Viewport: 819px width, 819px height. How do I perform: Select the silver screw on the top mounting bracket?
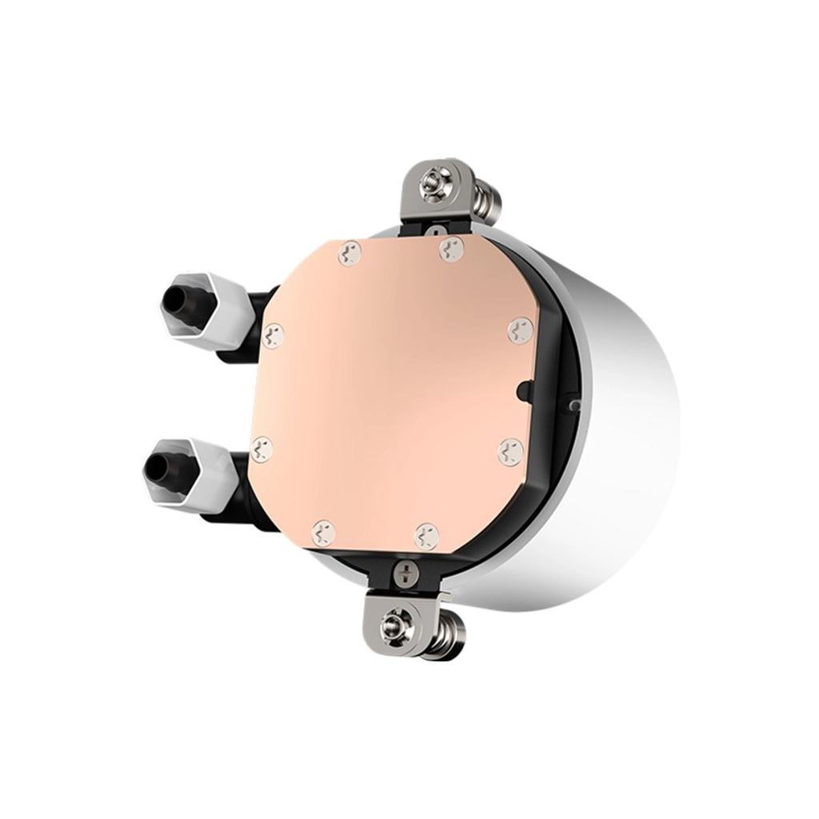(x=433, y=193)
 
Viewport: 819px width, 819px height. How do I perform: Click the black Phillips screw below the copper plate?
(x=406, y=572)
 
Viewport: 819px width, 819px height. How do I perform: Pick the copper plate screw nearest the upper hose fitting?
(x=274, y=335)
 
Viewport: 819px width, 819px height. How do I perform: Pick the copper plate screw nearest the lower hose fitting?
(x=261, y=449)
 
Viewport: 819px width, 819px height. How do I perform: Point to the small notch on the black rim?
(x=522, y=391)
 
